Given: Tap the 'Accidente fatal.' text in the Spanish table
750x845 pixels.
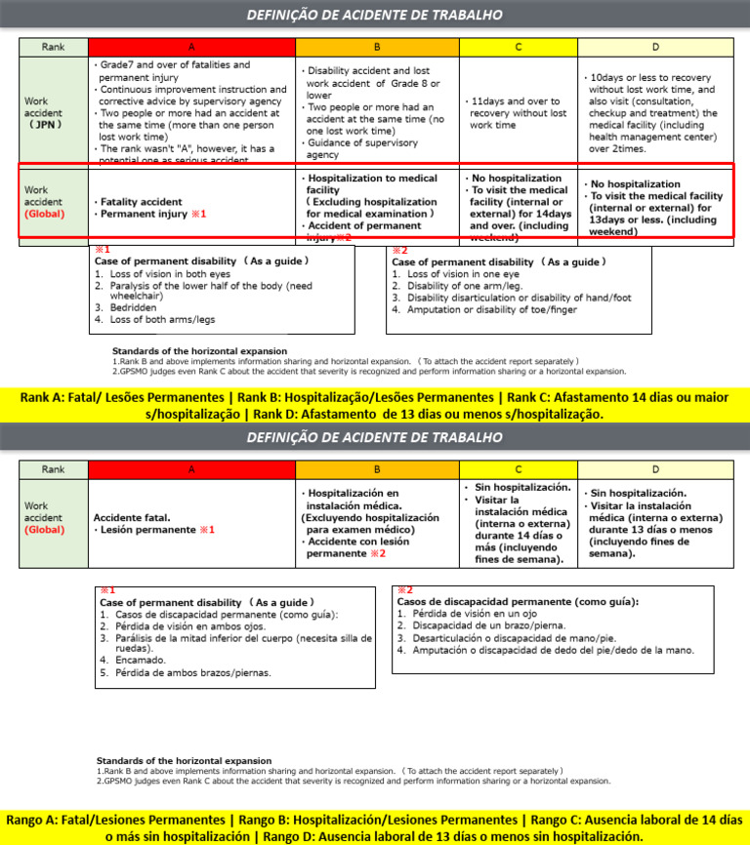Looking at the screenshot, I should [132, 517].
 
